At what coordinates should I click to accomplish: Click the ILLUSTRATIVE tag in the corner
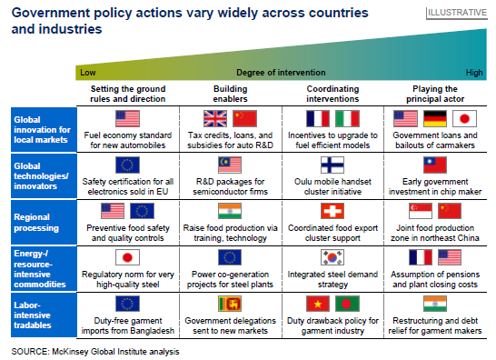pyautogui.click(x=457, y=13)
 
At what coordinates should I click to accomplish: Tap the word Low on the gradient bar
pyautogui.click(x=87, y=73)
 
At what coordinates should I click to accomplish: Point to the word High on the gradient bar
pyautogui.click(x=474, y=73)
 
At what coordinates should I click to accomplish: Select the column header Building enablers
pyautogui.click(x=231, y=94)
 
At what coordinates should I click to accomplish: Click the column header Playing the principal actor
pyautogui.click(x=435, y=94)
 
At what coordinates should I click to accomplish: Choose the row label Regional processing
pyautogui.click(x=36, y=222)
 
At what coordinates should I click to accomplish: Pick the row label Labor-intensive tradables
pyautogui.click(x=33, y=315)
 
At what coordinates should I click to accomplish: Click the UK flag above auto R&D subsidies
pyautogui.click(x=215, y=119)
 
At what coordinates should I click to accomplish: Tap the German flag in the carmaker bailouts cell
pyautogui.click(x=435, y=119)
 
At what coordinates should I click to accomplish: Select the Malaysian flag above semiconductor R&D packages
pyautogui.click(x=230, y=165)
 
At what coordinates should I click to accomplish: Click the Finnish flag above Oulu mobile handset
pyautogui.click(x=332, y=165)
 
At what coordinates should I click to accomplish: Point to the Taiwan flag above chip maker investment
pyautogui.click(x=435, y=165)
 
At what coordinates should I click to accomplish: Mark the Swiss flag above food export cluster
pyautogui.click(x=332, y=211)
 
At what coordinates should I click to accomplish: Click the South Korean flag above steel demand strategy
pyautogui.click(x=332, y=257)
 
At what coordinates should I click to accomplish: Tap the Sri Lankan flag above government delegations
pyautogui.click(x=230, y=304)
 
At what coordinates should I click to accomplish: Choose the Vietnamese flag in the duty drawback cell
pyautogui.click(x=318, y=304)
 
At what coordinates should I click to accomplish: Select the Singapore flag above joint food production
pyautogui.click(x=421, y=211)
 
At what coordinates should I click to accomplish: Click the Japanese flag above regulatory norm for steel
pyautogui.click(x=127, y=257)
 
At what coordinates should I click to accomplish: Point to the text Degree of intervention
pyautogui.click(x=281, y=73)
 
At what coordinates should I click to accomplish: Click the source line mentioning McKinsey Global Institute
pyautogui.click(x=95, y=352)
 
